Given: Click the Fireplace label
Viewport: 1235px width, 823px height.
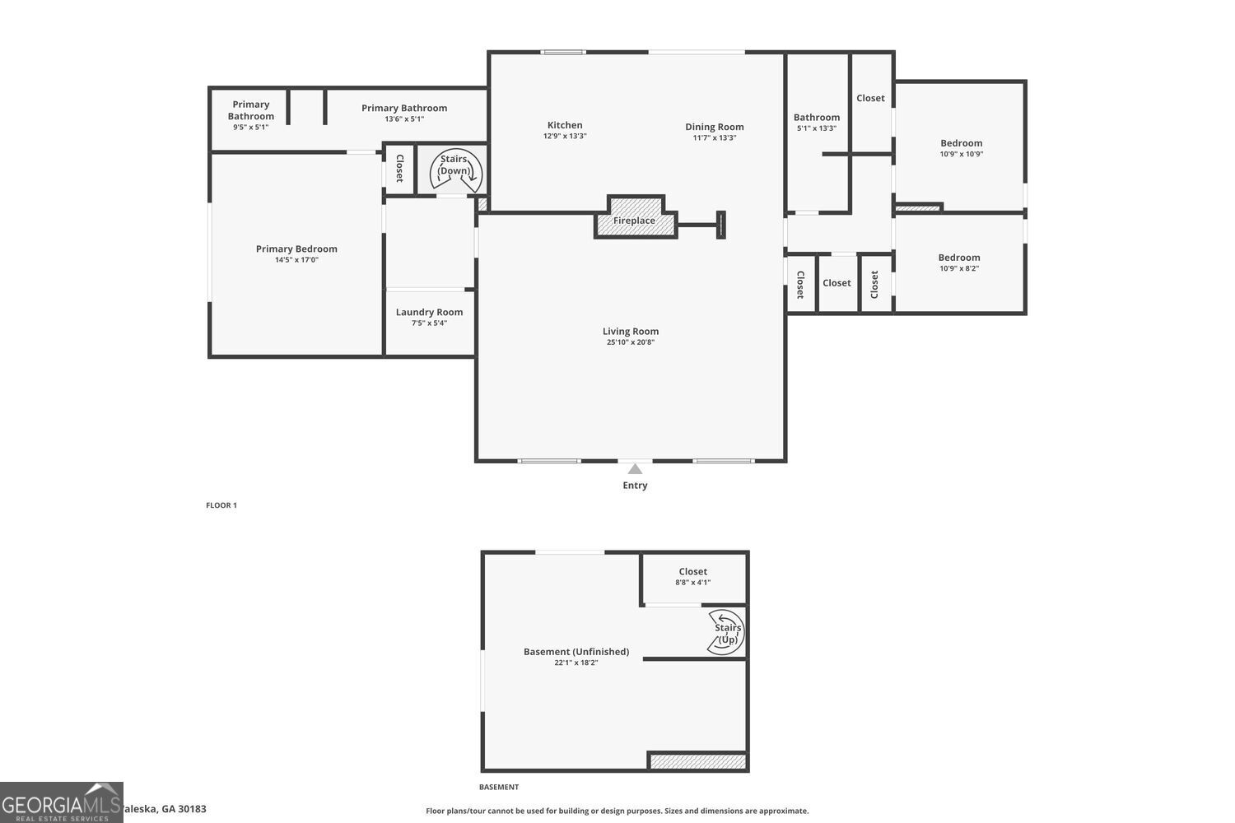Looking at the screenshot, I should [634, 221].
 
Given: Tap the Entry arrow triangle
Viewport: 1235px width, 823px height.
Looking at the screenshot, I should [635, 469].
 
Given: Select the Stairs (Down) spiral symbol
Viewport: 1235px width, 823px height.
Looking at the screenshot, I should [455, 171].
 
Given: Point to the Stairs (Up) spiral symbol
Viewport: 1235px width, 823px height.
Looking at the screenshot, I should [726, 633].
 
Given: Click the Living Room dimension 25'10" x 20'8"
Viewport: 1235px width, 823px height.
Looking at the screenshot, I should [630, 342].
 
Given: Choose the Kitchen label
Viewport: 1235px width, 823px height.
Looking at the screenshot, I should [565, 125].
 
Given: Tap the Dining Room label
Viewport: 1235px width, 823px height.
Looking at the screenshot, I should [714, 127].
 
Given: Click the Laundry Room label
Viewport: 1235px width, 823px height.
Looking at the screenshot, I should [429, 312].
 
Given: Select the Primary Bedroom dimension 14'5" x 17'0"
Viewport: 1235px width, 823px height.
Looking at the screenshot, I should [296, 260].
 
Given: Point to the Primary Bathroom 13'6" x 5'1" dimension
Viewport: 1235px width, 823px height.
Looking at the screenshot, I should [403, 119].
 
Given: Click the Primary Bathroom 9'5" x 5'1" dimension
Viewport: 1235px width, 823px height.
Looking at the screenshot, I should [250, 128].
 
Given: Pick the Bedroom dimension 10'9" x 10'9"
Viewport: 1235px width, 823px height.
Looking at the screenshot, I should [961, 154].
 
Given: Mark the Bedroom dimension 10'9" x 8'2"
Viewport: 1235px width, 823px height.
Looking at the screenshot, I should [958, 268].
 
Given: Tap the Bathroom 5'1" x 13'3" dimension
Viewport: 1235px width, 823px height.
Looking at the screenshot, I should [816, 128].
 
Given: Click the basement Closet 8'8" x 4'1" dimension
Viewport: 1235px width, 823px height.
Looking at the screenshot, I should [692, 583].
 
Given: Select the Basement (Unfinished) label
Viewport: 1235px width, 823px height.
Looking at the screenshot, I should [576, 651].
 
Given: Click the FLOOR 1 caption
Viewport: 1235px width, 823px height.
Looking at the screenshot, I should [221, 505].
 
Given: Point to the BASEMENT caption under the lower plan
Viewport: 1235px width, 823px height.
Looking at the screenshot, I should [499, 788].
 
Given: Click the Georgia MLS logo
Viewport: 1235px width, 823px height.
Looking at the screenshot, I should [61, 802].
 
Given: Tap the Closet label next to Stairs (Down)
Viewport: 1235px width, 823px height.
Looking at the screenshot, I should [399, 168].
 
